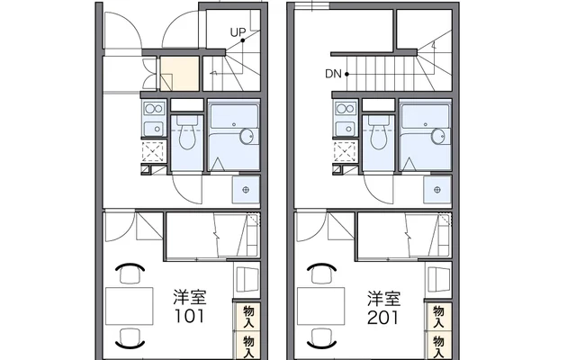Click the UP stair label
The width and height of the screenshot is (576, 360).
coord(237,33)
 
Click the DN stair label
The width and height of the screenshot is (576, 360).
coord(332,74)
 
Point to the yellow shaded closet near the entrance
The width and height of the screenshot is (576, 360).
coord(176,75)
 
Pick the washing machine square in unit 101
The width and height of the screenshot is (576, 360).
coord(246,189)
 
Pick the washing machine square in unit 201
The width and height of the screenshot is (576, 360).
coord(437,189)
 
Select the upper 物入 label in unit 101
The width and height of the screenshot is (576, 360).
coord(247,315)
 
